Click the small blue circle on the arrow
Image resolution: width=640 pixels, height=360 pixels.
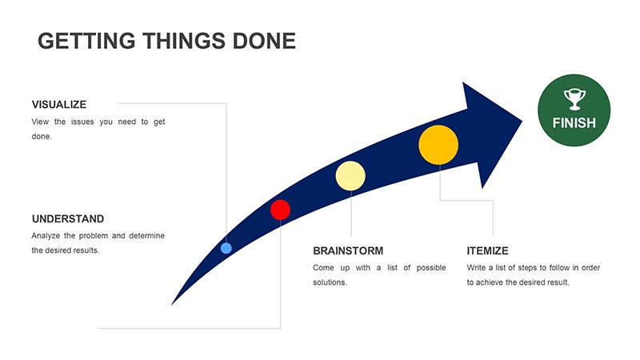[226, 248]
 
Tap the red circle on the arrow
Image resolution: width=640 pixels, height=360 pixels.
[281, 210]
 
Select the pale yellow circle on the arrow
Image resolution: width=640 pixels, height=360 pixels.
[350, 176]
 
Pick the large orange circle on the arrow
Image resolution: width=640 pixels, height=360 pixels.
[438, 145]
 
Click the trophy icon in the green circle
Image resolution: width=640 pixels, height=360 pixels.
[574, 99]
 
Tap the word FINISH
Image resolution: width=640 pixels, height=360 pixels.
[574, 123]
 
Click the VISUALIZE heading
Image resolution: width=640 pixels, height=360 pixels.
[59, 105]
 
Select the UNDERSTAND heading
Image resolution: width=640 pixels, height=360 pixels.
[68, 218]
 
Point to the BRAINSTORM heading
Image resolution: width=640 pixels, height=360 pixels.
[348, 250]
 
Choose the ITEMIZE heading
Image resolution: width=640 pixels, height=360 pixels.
[487, 250]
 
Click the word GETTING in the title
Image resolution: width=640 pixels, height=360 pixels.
[86, 41]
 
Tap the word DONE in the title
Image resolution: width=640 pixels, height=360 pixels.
[264, 41]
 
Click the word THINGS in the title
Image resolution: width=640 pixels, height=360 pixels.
[184, 41]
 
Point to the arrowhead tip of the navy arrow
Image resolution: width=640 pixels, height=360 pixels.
[522, 121]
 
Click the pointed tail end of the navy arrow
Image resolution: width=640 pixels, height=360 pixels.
[172, 305]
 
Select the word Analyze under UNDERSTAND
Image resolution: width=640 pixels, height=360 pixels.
[46, 236]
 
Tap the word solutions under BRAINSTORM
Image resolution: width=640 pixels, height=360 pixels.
[330, 282]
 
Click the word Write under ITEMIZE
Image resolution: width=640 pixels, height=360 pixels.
[476, 268]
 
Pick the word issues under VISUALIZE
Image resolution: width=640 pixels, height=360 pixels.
[82, 122]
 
